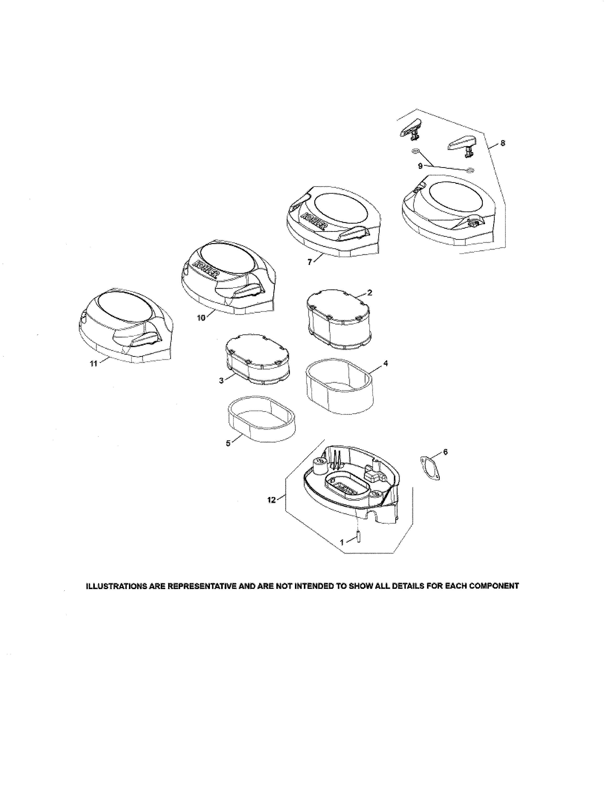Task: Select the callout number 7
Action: pyautogui.click(x=310, y=262)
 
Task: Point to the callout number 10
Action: pyautogui.click(x=201, y=318)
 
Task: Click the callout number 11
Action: pyautogui.click(x=93, y=364)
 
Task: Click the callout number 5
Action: pyautogui.click(x=228, y=443)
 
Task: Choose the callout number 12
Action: pyautogui.click(x=271, y=500)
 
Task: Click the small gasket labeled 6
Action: pyautogui.click(x=430, y=468)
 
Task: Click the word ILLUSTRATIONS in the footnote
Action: pyautogui.click(x=109, y=586)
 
